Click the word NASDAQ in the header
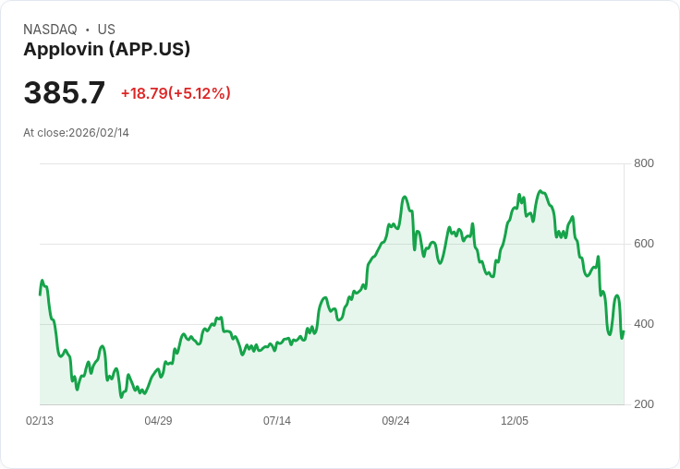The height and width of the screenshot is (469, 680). (50, 30)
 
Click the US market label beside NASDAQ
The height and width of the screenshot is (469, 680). (106, 30)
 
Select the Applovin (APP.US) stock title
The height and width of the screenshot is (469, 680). (106, 50)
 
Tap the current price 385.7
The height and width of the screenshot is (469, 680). (65, 93)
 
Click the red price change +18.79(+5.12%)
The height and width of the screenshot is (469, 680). (176, 93)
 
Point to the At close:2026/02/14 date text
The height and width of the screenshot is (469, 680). (76, 133)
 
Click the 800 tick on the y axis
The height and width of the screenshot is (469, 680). (643, 163)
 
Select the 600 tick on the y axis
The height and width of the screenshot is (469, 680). (643, 244)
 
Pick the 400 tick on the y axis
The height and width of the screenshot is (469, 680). (643, 324)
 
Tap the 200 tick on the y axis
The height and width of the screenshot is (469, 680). (643, 404)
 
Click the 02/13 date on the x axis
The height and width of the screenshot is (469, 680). (40, 421)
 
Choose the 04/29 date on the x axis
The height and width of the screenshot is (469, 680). (158, 421)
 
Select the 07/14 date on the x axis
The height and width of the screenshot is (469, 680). (277, 421)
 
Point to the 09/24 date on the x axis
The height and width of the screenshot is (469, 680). (395, 421)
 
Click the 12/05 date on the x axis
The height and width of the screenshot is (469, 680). (515, 421)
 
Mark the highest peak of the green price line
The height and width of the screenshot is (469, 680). (540, 191)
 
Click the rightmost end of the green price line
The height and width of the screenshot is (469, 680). (624, 332)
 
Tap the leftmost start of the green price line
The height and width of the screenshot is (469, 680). (40, 294)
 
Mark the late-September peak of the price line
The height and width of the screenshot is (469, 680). (404, 197)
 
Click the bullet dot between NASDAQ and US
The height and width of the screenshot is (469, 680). (87, 30)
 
